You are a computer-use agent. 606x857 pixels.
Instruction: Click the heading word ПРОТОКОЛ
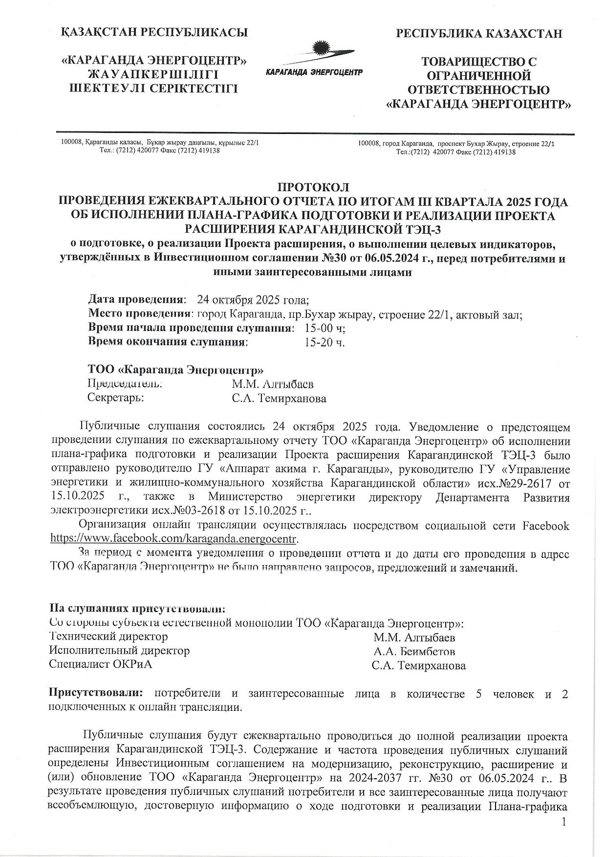click(x=313, y=188)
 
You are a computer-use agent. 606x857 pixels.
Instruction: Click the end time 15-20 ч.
click(x=325, y=342)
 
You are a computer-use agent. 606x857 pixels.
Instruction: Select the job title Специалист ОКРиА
click(x=100, y=664)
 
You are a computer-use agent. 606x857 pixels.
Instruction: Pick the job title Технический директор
click(x=108, y=637)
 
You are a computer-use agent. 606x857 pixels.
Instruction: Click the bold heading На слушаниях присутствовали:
click(x=138, y=609)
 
